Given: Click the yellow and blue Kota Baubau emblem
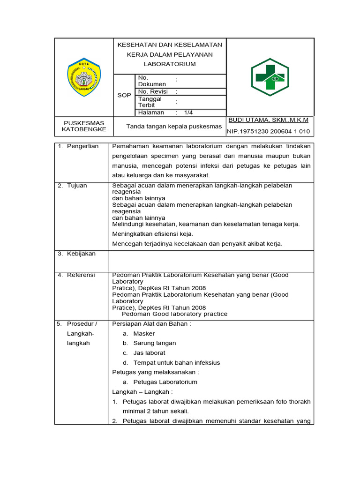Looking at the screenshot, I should click(84, 76).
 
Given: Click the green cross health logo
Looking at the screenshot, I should click(270, 77).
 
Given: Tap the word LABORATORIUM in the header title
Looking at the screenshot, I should click(170, 64).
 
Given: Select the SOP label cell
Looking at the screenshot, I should click(124, 95).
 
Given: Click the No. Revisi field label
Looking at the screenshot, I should click(153, 92).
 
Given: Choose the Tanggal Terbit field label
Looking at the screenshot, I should click(150, 102).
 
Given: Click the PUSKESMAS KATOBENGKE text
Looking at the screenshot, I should click(84, 126).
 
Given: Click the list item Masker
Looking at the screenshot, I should click(143, 334).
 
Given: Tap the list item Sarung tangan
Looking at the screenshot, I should click(154, 343).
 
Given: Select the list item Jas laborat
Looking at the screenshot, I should click(149, 353).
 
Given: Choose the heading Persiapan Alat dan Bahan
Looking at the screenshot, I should click(151, 324).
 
